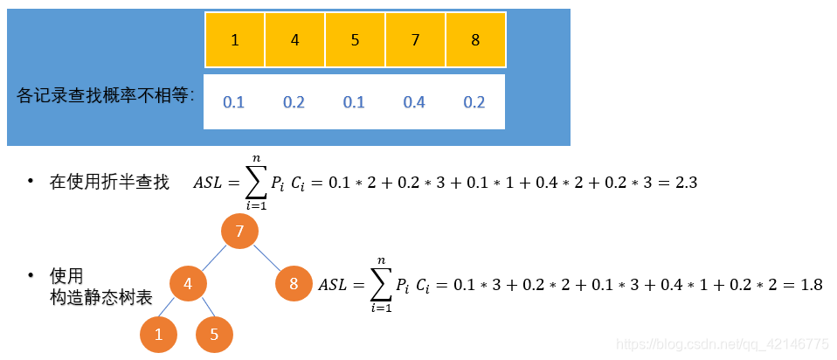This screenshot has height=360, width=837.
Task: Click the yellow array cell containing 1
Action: (235, 40)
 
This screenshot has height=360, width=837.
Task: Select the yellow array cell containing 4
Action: (295, 40)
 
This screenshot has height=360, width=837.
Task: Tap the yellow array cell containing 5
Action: (356, 40)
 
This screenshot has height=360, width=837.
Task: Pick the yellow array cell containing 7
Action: (415, 40)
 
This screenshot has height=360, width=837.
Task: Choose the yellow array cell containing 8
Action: (475, 40)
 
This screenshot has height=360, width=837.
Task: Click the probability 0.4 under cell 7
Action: (414, 102)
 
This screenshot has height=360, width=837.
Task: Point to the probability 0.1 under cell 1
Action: (233, 102)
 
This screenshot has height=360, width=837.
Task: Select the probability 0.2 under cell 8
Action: (474, 102)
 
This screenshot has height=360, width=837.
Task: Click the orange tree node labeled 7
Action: (239, 232)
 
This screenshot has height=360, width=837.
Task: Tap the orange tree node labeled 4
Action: (188, 284)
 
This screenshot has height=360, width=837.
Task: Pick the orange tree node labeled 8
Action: (294, 284)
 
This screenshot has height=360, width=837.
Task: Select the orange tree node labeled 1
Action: (158, 335)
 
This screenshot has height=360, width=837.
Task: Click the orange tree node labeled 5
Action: (215, 335)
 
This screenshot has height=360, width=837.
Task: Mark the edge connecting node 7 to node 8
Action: (266, 258)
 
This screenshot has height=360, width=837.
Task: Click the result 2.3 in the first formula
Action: (686, 183)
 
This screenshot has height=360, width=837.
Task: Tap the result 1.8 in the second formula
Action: (811, 285)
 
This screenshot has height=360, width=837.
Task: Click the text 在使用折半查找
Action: (109, 183)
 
